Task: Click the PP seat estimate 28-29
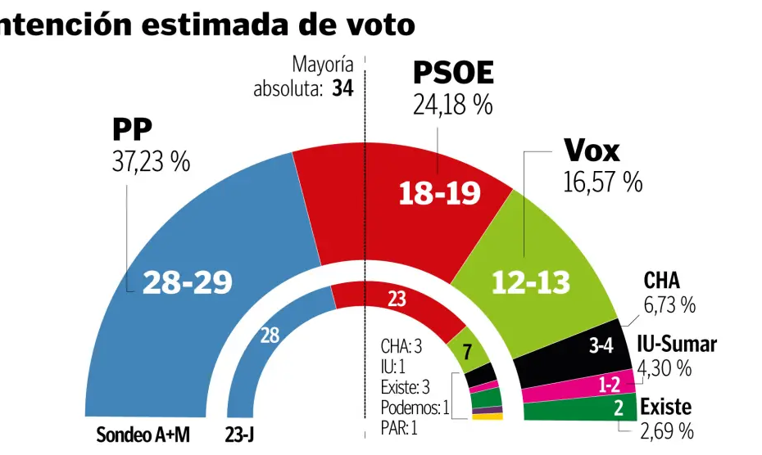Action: pyautogui.click(x=188, y=282)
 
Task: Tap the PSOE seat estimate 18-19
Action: pyautogui.click(x=439, y=194)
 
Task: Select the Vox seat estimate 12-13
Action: pyautogui.click(x=530, y=283)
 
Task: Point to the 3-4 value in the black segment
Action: pyautogui.click(x=601, y=346)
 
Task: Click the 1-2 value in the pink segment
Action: pyautogui.click(x=609, y=383)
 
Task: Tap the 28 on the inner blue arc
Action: pyautogui.click(x=270, y=335)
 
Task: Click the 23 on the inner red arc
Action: pyautogui.click(x=397, y=300)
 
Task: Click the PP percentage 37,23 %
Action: pyautogui.click(x=151, y=162)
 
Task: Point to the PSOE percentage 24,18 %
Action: pyautogui.click(x=452, y=105)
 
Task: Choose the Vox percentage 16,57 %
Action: pyautogui.click(x=602, y=182)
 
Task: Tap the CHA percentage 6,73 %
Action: pyautogui.click(x=669, y=305)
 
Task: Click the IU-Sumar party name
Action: pyautogui.click(x=677, y=345)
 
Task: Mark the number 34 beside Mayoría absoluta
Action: pyautogui.click(x=342, y=88)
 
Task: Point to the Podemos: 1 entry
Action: pyautogui.click(x=415, y=408)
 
